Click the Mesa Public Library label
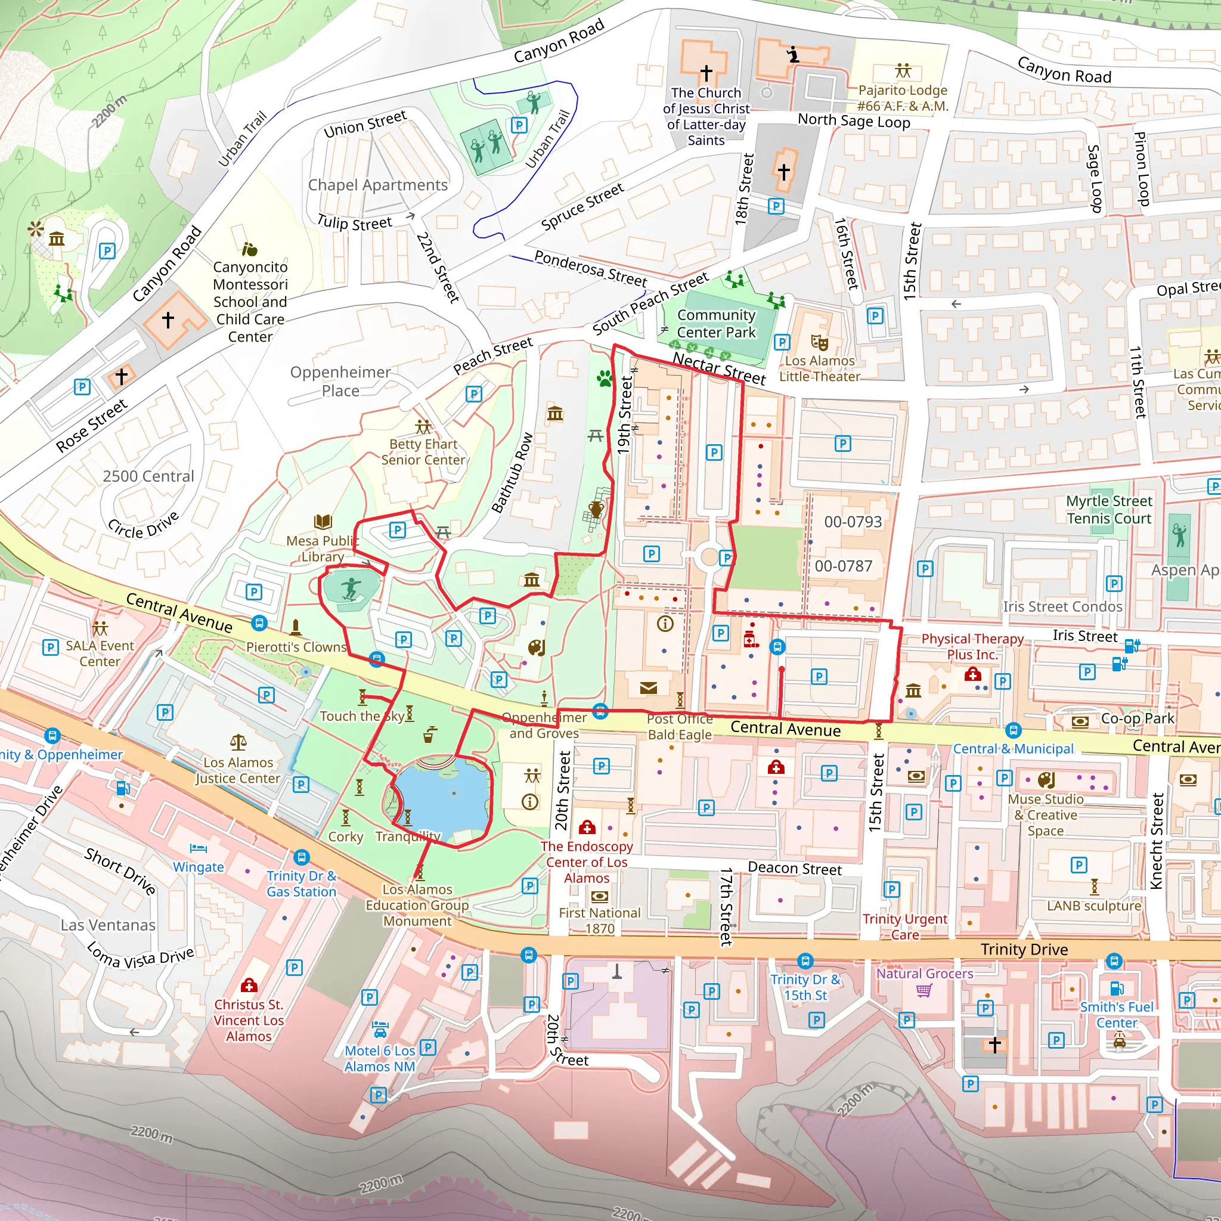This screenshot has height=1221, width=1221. (322, 548)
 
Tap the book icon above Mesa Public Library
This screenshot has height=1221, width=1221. (323, 522)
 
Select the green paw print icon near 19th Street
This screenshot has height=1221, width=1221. (604, 379)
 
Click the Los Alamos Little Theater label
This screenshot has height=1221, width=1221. (819, 368)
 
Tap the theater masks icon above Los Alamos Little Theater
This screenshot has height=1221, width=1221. (820, 343)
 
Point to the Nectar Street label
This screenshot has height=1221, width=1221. (718, 368)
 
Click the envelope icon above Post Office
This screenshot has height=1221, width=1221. (649, 687)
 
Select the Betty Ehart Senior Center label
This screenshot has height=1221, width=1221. (423, 452)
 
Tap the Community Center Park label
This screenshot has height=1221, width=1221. (716, 324)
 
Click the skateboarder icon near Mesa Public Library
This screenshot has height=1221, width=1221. (351, 588)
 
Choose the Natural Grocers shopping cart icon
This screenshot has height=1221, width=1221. (924, 990)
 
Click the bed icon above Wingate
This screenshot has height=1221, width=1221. (199, 848)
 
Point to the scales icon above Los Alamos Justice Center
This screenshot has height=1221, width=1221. (238, 742)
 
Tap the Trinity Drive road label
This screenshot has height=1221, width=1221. (1024, 949)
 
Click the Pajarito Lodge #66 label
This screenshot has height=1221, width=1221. (903, 98)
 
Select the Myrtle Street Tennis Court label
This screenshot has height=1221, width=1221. (1108, 510)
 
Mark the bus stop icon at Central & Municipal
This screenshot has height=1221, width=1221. (1013, 730)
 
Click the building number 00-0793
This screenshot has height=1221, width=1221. (853, 522)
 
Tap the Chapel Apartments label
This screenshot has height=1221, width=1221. (377, 185)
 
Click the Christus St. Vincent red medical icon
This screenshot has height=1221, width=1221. (249, 986)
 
